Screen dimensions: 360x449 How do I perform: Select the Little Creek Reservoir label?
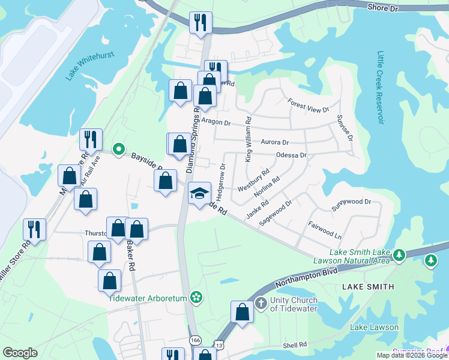point(380,88)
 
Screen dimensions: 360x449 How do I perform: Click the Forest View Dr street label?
point(309,106)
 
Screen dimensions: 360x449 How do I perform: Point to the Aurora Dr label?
point(275,142)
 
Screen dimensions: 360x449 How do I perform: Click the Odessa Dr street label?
point(291,155)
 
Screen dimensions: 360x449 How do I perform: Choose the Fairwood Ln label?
point(325,232)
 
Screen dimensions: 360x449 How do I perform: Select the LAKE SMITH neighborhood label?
point(368,287)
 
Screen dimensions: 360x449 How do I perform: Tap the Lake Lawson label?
point(375,327)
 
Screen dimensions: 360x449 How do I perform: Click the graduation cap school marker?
point(200,193)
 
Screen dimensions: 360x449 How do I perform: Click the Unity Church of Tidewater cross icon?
point(261,302)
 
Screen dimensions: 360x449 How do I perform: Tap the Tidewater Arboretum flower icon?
point(196,296)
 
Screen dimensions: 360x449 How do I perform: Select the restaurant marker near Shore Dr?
point(200,23)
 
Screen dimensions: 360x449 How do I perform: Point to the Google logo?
point(20,353)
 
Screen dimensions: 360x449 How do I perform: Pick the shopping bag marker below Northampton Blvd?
point(242,313)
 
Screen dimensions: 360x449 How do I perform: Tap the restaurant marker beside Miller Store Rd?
point(34,229)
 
